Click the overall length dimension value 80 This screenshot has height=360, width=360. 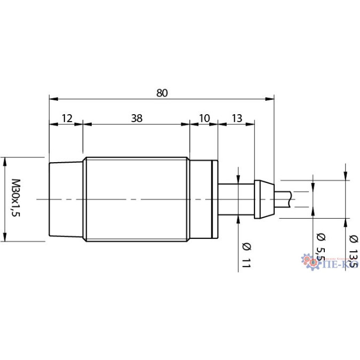coord(162,92)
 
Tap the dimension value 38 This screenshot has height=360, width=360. coord(137,118)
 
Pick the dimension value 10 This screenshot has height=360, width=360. coord(204,118)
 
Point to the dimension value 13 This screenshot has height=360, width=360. coord(236,118)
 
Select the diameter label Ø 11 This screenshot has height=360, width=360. coord(246,254)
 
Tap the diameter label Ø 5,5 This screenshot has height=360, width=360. coord(319,247)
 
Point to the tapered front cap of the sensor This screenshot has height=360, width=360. coord(66,199)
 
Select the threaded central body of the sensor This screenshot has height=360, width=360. coord(136,199)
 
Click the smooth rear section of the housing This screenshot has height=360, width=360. coord(201,199)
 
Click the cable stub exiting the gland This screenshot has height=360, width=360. coord(283,199)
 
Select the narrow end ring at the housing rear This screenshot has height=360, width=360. coord(215,199)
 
